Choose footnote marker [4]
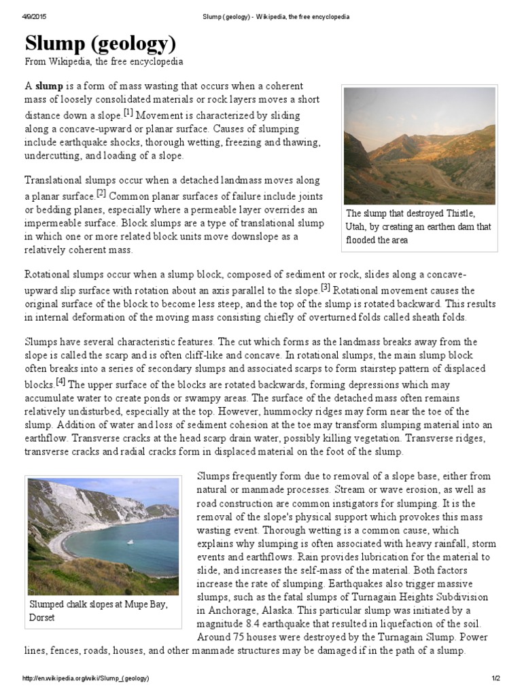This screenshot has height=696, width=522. [60, 381]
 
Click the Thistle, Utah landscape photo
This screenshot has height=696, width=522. [419, 145]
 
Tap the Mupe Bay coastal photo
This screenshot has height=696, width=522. [103, 536]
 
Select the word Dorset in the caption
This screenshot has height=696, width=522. [42, 617]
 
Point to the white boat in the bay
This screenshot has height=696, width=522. [130, 541]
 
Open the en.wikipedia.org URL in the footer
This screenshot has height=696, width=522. [86, 679]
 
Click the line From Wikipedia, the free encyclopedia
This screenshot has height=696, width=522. [104, 62]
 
